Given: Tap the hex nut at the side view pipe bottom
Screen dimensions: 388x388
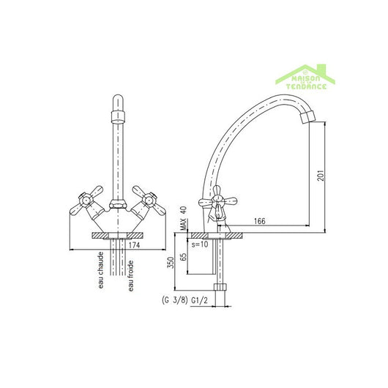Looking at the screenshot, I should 222,288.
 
